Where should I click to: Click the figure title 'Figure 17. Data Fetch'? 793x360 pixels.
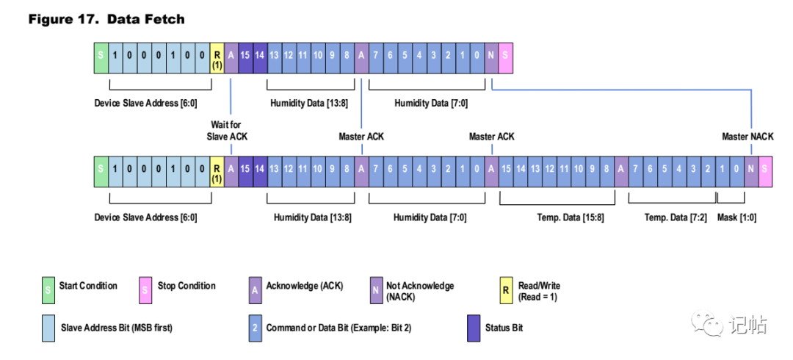(x=106, y=20)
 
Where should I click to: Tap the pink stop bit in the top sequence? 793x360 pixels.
(x=505, y=54)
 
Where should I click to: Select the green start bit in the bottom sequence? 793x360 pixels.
(x=101, y=168)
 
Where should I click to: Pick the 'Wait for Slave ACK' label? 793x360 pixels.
(x=228, y=130)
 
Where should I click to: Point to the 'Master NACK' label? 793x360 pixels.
(x=747, y=136)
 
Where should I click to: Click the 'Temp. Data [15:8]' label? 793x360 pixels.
(x=570, y=217)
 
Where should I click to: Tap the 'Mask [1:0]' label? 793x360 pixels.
(x=737, y=217)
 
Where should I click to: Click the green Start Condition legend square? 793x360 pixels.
(x=48, y=290)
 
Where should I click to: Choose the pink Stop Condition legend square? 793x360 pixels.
(x=145, y=290)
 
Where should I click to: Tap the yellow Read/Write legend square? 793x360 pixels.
(x=504, y=290)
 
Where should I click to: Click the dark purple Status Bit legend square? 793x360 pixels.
(x=474, y=328)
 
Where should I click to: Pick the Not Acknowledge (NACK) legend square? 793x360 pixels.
(x=376, y=290)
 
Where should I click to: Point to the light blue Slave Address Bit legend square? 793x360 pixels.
(x=48, y=328)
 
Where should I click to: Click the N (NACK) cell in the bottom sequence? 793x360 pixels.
(x=751, y=168)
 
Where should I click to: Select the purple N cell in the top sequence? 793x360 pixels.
(x=491, y=54)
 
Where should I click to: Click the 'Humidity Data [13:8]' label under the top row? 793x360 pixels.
(x=309, y=104)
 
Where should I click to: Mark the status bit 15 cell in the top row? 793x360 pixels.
(x=245, y=54)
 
